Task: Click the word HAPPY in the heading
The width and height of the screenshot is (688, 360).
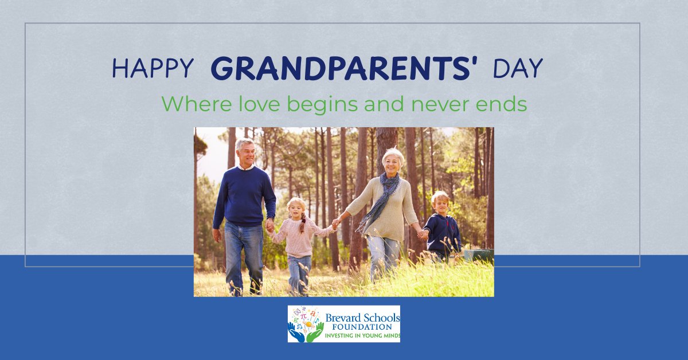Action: point(153,69)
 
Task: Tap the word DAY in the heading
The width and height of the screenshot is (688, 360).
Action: point(518,69)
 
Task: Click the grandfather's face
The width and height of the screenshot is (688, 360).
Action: point(246,152)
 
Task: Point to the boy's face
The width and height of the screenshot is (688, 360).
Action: point(441,204)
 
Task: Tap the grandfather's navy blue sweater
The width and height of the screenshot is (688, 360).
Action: point(244,195)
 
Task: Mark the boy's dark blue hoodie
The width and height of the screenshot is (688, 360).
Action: point(443,232)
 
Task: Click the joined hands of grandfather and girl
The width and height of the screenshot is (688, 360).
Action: point(270,225)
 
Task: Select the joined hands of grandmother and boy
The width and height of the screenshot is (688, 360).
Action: point(423,234)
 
